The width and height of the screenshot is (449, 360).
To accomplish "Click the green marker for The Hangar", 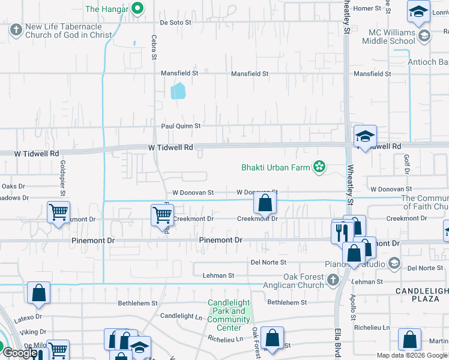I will coord(137,8).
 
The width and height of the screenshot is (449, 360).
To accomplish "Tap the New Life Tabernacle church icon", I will coord(16,29).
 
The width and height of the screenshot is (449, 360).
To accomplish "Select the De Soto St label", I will coord(175,22).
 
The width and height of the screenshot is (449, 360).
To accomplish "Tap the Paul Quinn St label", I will coord(180,126).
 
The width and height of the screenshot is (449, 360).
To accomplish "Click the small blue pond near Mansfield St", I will coord(178,91).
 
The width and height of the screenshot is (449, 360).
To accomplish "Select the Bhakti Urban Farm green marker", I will coord(319,167).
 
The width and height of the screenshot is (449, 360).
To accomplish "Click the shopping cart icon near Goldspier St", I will coord(59,212).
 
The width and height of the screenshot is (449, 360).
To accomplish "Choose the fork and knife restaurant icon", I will coord(342,230).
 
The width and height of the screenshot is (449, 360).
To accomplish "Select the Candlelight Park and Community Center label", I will coord(229,315).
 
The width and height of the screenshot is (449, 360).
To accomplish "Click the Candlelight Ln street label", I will coord(181,316).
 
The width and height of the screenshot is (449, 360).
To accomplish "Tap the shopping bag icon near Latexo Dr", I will coord(38,293).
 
